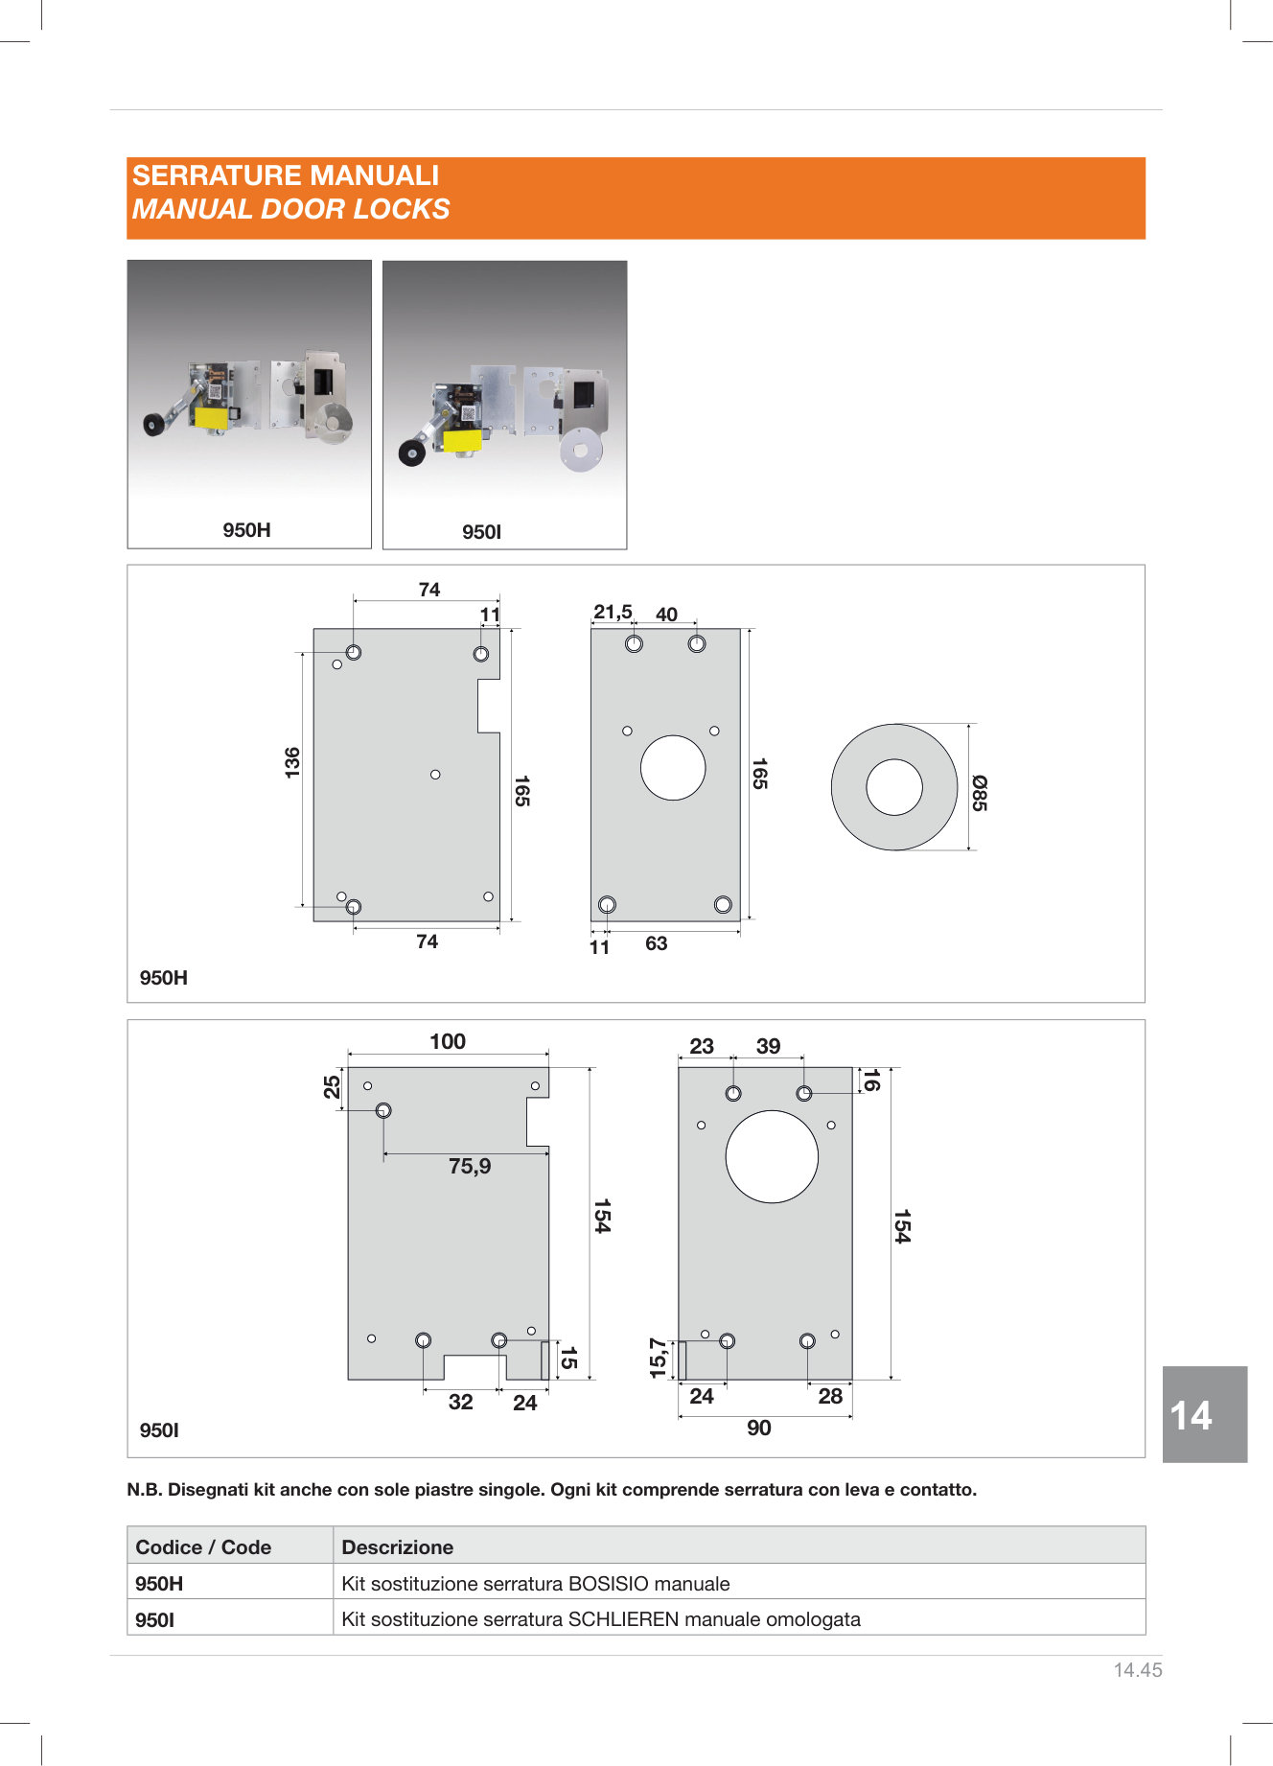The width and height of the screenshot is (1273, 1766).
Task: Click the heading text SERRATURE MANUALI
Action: pyautogui.click(x=286, y=175)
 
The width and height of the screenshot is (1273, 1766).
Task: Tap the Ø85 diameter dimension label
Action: pyautogui.click(x=979, y=793)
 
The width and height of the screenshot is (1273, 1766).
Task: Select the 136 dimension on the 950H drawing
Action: pyautogui.click(x=292, y=762)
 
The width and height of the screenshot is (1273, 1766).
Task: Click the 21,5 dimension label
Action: pyautogui.click(x=613, y=612)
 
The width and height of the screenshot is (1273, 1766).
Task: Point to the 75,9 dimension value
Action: pyautogui.click(x=470, y=1166)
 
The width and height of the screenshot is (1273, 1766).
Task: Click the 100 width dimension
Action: pyautogui.click(x=448, y=1041)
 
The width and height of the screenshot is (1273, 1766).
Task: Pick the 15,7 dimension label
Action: pyautogui.click(x=658, y=1359)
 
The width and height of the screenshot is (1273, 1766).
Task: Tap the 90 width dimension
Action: pyautogui.click(x=759, y=1428)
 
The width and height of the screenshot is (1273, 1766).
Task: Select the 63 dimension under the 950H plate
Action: pyautogui.click(x=656, y=943)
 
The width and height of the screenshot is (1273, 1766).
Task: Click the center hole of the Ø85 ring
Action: pyautogui.click(x=894, y=787)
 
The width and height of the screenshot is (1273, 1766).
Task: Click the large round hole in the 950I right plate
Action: pyautogui.click(x=772, y=1156)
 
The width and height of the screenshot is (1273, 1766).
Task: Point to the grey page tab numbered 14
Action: pyautogui.click(x=1205, y=1414)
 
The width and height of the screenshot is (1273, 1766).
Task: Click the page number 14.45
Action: pyautogui.click(x=1138, y=1670)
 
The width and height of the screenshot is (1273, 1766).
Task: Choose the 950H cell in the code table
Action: pyautogui.click(x=159, y=1584)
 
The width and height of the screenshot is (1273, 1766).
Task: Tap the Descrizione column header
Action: pyautogui.click(x=398, y=1546)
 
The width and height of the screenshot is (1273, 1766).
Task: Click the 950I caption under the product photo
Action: pyautogui.click(x=481, y=532)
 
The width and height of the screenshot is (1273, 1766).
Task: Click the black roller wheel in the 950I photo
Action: pyautogui.click(x=412, y=453)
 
